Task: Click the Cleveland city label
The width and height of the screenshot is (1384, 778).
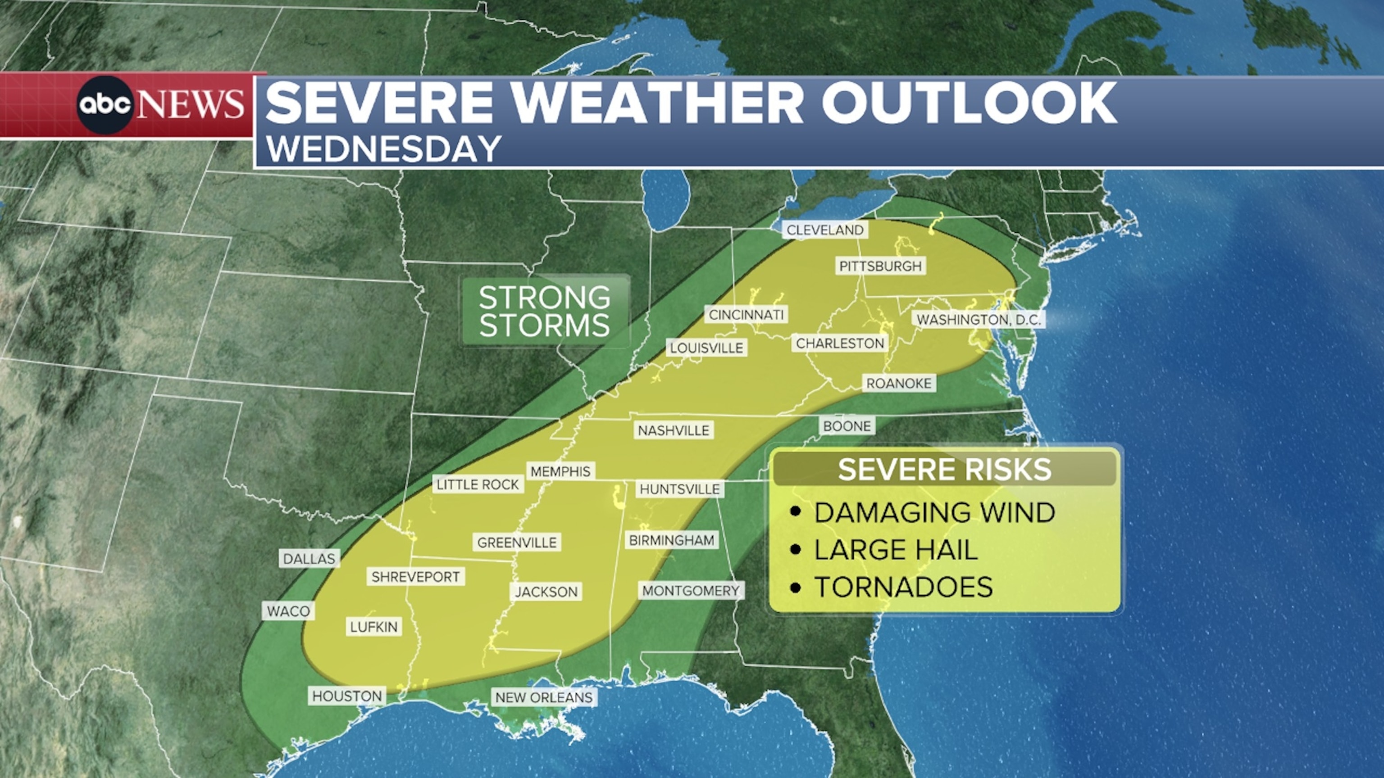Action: [x=825, y=230]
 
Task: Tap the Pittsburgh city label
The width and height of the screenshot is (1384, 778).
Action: [x=880, y=266]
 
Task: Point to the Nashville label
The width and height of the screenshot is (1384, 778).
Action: [x=673, y=430]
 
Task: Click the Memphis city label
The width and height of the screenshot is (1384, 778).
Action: [x=560, y=471]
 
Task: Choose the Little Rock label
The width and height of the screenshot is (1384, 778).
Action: [x=478, y=485]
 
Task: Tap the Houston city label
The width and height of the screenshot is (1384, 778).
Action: [x=347, y=697]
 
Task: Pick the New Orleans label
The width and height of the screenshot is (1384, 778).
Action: [x=544, y=697]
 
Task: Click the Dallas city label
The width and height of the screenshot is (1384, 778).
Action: [x=309, y=559]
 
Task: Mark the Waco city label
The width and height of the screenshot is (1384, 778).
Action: [x=288, y=611]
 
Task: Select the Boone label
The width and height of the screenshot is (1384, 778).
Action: [x=847, y=426]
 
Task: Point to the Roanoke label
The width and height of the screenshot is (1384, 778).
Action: [x=899, y=383]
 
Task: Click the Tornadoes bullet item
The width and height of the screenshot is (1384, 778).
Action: [x=902, y=587]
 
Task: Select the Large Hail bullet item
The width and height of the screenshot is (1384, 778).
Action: [x=895, y=550]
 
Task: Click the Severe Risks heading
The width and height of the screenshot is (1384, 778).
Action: [x=944, y=469]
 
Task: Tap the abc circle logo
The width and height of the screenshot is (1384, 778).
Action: [x=105, y=104]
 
